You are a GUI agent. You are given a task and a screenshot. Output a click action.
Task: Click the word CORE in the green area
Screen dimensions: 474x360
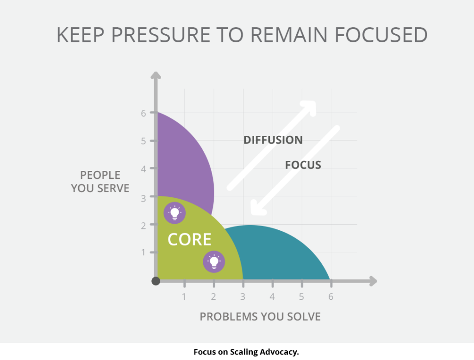coord(189,239)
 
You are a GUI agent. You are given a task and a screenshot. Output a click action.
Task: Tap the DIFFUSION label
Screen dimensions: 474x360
coord(273,140)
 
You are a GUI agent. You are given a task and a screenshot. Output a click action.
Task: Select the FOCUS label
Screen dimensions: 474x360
coord(303,165)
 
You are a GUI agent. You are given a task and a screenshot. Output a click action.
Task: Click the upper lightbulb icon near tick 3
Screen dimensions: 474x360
coord(175,213)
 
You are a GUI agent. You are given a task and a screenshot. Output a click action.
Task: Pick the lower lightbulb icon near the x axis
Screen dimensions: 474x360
coord(214,262)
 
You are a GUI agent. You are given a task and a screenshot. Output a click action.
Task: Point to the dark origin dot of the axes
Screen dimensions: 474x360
coord(156,281)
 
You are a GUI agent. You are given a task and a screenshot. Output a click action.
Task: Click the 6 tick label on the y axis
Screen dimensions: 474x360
coord(143,113)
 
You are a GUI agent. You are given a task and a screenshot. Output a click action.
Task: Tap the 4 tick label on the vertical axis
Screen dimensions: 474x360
coord(143,169)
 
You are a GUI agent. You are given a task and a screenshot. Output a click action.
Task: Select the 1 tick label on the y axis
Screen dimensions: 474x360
coord(143,253)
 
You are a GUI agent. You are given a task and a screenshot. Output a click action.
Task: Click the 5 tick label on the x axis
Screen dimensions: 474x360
coord(301,297)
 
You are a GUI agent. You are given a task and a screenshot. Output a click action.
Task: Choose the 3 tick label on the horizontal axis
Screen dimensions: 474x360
coord(243,297)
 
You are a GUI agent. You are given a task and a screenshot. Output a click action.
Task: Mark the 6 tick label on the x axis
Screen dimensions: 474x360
coord(331,297)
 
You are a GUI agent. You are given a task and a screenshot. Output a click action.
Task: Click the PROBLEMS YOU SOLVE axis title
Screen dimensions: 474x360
coord(260,316)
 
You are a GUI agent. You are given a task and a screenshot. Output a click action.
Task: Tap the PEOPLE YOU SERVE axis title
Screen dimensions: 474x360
coord(100,182)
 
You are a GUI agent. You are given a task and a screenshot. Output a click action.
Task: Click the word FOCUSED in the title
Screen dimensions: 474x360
coord(381,35)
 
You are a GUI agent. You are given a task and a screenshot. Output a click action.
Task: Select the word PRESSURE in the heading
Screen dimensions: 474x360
coord(161,35)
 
